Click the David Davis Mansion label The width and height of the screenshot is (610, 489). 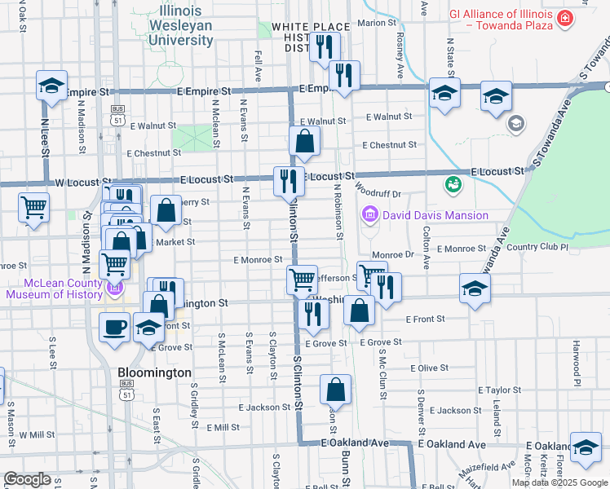[435, 215]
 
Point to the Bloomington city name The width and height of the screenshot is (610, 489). [154, 372]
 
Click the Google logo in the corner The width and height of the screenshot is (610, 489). [26, 479]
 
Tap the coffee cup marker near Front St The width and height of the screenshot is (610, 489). [114, 327]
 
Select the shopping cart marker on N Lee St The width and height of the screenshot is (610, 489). [33, 207]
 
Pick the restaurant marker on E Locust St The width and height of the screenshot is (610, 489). [288, 180]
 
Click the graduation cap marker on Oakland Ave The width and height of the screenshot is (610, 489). [585, 447]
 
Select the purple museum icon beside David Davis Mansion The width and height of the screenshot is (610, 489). [369, 215]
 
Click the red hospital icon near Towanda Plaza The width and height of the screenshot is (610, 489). [564, 18]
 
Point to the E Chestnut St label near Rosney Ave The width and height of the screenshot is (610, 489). [391, 145]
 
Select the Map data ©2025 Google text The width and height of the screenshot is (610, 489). [559, 482]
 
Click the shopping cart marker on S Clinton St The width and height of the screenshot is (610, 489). [302, 280]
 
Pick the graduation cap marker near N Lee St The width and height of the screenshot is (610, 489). [51, 86]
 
